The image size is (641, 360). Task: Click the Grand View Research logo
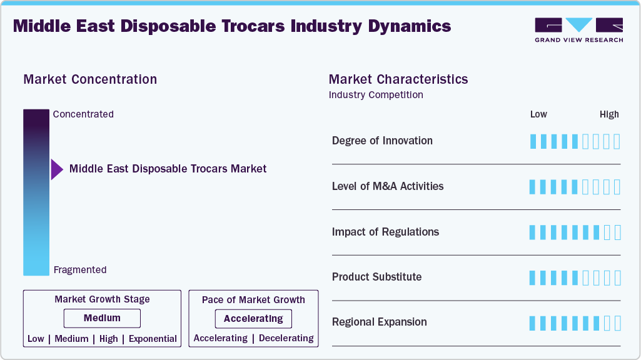point(578,29)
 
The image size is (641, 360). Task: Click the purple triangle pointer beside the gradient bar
point(57,169)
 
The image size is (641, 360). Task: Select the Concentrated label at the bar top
point(83,114)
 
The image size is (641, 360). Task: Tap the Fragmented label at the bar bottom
point(80,270)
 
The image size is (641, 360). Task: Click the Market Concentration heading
point(90,79)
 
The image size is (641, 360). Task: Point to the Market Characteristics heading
point(398,79)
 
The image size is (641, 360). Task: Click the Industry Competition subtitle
point(376,95)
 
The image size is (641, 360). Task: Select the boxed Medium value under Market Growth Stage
point(102,318)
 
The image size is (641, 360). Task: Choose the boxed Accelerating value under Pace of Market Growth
point(253,319)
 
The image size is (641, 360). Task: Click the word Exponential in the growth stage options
point(153,339)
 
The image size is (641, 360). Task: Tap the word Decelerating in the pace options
point(286,338)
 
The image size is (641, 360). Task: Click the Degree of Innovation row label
point(382,141)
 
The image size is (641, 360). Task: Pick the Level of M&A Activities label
point(388,186)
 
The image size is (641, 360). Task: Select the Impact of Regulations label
point(385,232)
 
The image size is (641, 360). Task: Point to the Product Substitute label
point(376,277)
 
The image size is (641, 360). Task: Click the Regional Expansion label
point(379,322)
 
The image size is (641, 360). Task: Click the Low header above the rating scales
point(538,114)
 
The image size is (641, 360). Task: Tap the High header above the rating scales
point(609,114)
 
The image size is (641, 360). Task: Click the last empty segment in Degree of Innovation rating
point(617,141)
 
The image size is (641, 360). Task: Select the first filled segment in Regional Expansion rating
point(533,323)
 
